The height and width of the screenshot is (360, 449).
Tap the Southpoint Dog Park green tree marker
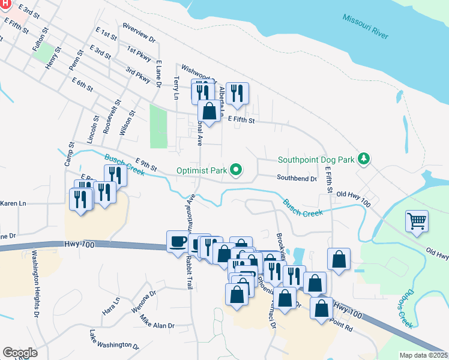[x=363, y=159]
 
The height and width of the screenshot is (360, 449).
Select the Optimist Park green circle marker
[x=236, y=170]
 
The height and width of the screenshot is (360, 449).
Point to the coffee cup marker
[x=177, y=241]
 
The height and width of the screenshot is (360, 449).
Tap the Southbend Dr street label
[x=296, y=178]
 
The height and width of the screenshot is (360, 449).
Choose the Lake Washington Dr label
[x=114, y=340]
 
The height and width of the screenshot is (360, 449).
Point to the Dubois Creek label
[x=405, y=311]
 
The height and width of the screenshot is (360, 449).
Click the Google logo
[x=20, y=353]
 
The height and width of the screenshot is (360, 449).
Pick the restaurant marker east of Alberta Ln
[x=237, y=93]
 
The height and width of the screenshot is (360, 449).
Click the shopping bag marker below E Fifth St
[x=209, y=111]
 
